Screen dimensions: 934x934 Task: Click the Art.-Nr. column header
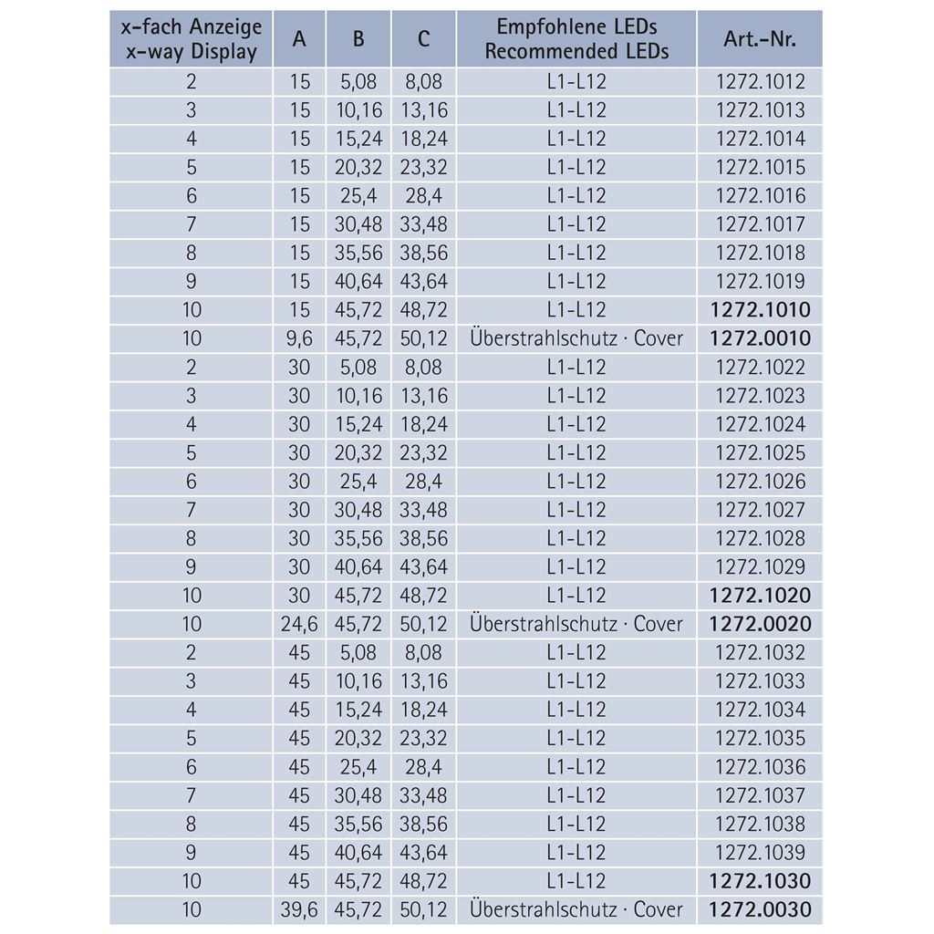[760, 39]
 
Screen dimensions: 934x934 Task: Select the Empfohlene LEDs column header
[576, 39]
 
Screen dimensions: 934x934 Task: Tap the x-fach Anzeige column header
[192, 39]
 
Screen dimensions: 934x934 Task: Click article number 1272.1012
[760, 82]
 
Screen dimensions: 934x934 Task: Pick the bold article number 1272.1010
[760, 310]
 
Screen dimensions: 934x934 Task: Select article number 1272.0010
[760, 338]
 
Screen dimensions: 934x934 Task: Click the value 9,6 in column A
[299, 338]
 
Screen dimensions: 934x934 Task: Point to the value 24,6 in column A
[299, 624]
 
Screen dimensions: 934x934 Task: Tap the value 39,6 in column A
[299, 909]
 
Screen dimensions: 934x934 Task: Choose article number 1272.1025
[760, 452]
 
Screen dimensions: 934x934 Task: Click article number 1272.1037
[760, 795]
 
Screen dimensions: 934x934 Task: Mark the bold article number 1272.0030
[760, 909]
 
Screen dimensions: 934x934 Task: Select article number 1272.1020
[760, 596]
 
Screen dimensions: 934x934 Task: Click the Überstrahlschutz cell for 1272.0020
[576, 624]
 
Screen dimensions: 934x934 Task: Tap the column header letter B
[358, 39]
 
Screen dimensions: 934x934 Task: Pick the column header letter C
[424, 39]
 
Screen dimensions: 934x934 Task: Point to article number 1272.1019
[760, 281]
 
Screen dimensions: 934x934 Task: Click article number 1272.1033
[760, 681]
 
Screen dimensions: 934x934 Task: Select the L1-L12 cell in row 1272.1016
[576, 196]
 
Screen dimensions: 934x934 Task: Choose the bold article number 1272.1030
[760, 881]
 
